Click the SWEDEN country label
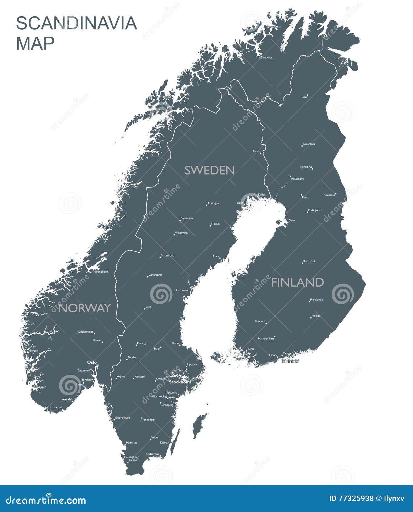click(x=210, y=170)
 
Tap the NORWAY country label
click(x=84, y=308)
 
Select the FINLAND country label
click(x=297, y=282)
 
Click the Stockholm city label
click(x=180, y=382)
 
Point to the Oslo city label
click(x=92, y=362)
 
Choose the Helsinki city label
click(x=290, y=361)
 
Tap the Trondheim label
click(x=101, y=272)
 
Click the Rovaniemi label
click(x=297, y=179)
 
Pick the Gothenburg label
click(x=122, y=418)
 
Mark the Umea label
click(x=215, y=256)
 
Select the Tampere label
click(x=260, y=321)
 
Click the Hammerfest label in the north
click(x=273, y=27)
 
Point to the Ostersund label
click(x=155, y=275)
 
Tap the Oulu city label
click(x=291, y=221)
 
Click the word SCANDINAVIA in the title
click(x=77, y=23)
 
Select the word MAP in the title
click(x=35, y=43)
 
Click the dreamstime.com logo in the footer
click(x=46, y=500)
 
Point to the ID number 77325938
click(x=351, y=498)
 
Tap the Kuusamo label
click(x=329, y=195)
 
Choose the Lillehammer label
click(x=86, y=332)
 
